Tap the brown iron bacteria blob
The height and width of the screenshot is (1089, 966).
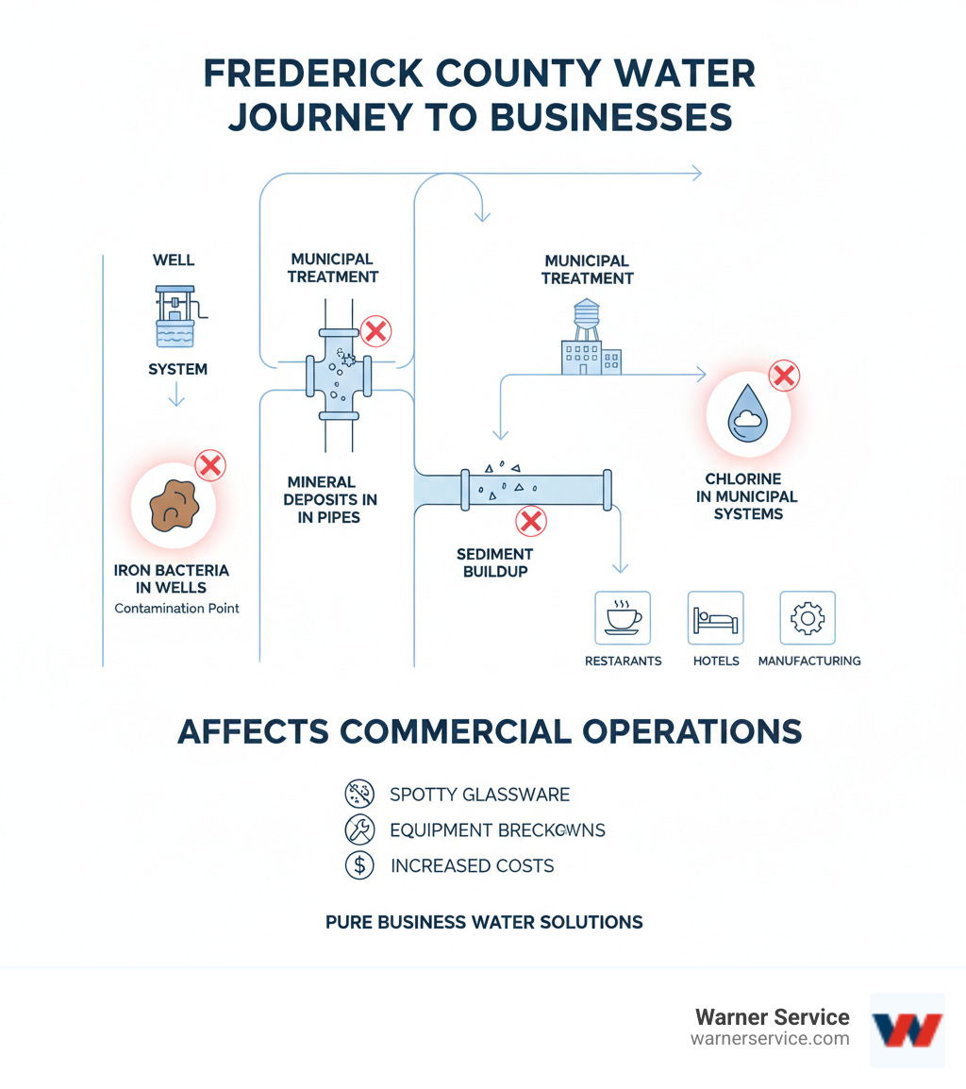click(172, 508)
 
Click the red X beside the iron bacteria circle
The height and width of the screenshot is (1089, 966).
click(209, 465)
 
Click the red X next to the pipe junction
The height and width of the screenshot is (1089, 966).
click(375, 331)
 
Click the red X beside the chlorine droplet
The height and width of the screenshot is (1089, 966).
click(784, 376)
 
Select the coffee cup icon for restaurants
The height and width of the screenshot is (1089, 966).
click(623, 618)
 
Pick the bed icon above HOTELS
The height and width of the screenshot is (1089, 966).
click(715, 618)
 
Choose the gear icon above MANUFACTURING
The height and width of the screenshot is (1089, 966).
click(808, 618)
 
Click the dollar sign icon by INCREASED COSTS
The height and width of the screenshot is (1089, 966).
click(358, 865)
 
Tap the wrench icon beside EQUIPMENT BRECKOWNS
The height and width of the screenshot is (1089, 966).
click(358, 830)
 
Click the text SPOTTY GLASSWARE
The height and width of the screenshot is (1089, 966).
click(479, 795)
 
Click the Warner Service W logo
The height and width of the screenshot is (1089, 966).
click(907, 1029)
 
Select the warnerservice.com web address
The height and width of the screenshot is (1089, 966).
click(770, 1039)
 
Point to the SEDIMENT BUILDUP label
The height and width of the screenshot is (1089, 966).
click(494, 562)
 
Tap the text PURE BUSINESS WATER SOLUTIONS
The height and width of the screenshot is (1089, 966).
click(484, 922)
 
